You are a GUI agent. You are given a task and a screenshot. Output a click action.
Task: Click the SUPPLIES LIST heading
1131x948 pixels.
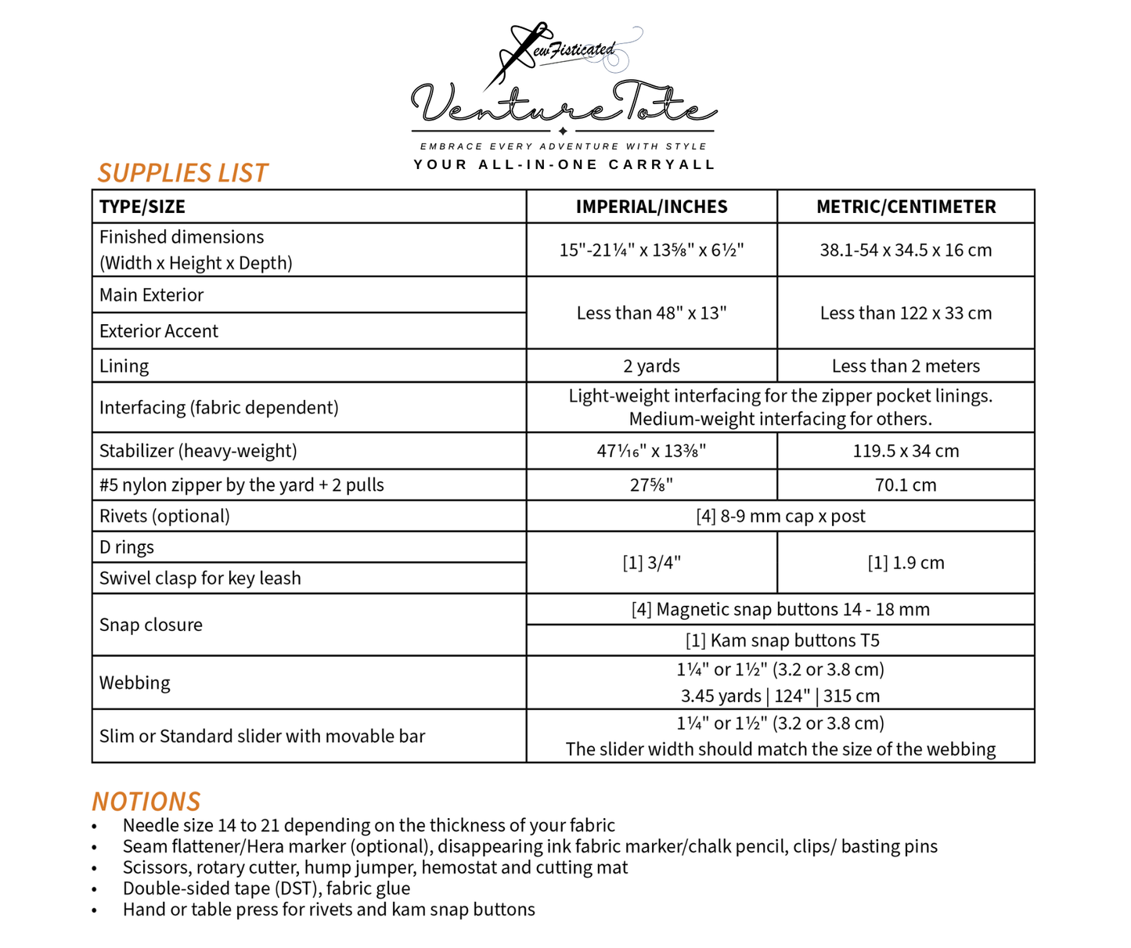[x=182, y=173]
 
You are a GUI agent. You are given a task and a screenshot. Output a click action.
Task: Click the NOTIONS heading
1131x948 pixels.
[x=146, y=802]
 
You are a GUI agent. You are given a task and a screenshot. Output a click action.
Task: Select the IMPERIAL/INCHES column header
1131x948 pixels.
[x=651, y=207]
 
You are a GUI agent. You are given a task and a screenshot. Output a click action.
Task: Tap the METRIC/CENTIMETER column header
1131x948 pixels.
[x=906, y=207]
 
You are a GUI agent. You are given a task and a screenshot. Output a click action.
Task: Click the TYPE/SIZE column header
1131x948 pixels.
[x=142, y=207]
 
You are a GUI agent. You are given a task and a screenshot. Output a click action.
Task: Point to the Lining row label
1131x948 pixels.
[x=124, y=366]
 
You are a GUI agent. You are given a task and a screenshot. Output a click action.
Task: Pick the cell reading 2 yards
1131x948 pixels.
[x=651, y=366]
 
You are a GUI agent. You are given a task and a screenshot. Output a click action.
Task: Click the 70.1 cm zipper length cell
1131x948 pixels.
[x=906, y=485]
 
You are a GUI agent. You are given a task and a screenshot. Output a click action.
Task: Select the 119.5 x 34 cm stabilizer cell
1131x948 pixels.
[x=906, y=451]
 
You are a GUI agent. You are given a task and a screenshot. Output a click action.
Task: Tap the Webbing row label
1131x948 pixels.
[x=135, y=683]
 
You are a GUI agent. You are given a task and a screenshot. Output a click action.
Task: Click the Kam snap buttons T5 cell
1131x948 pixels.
[x=782, y=640]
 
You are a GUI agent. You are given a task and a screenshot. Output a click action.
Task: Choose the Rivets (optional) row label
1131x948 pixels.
[x=164, y=516]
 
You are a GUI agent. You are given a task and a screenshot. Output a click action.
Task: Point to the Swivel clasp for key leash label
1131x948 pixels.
[x=200, y=578]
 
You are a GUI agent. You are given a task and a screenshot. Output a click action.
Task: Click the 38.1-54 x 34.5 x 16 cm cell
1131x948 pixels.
[x=906, y=250]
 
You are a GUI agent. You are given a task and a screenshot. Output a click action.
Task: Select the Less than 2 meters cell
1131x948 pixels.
[x=906, y=366]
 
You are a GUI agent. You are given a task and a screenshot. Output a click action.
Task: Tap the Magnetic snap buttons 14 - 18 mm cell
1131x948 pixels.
[x=780, y=609]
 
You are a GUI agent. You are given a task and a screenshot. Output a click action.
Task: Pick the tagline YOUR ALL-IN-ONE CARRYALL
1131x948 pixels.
[x=564, y=164]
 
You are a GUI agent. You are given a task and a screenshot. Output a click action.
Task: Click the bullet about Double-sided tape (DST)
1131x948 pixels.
[x=266, y=889]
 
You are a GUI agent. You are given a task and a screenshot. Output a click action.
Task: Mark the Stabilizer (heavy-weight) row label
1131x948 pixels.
[x=198, y=451]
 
